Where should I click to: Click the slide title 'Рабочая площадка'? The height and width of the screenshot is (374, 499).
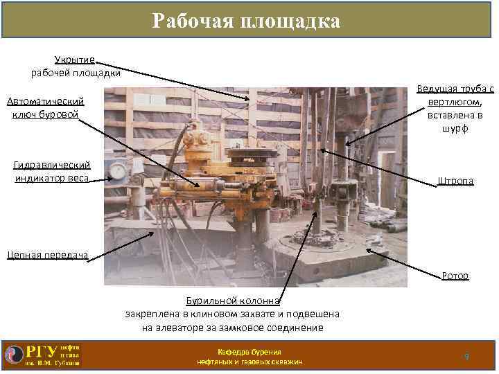click(x=247, y=21)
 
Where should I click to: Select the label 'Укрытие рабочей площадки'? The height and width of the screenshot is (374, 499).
click(x=76, y=66)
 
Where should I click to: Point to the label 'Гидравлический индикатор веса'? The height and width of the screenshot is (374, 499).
click(x=52, y=172)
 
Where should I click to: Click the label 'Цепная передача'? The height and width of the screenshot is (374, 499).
click(x=48, y=255)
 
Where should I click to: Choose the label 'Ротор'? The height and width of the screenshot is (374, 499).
click(x=455, y=276)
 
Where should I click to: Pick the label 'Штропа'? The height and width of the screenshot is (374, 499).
click(x=455, y=181)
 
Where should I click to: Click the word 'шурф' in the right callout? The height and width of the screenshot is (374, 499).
click(x=455, y=129)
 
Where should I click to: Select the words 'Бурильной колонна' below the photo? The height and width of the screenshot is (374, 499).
click(x=232, y=301)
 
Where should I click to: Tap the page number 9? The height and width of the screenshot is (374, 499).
click(x=466, y=356)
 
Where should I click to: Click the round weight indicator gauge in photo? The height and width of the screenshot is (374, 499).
click(x=119, y=171)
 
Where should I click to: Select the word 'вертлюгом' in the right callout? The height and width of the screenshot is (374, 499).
click(x=455, y=103)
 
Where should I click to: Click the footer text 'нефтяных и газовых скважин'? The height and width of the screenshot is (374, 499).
click(x=249, y=362)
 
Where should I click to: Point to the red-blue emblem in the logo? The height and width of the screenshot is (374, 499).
click(x=14, y=353)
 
